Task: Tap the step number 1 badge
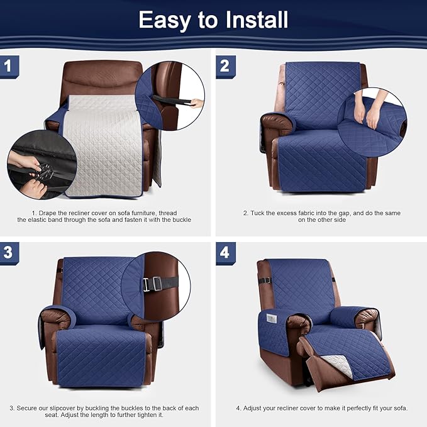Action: [x=8, y=66]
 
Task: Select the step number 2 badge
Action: [x=225, y=66]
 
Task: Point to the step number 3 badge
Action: [x=8, y=253]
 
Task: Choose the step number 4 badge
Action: [x=225, y=253]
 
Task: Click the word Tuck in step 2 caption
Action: [x=257, y=213]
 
